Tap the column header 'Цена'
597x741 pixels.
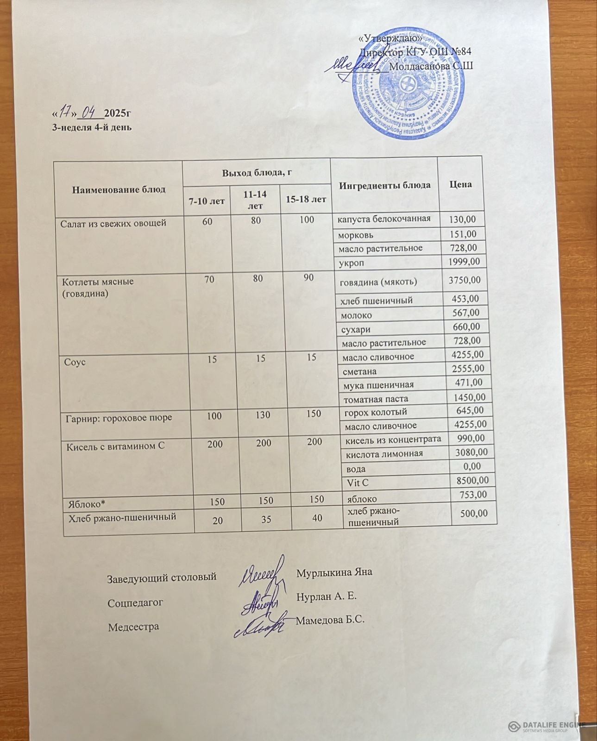(460, 184)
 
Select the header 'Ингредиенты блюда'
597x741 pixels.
(384, 185)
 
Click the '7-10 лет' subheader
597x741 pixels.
(207, 201)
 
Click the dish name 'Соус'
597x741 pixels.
(75, 362)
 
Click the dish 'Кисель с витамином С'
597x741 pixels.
(116, 447)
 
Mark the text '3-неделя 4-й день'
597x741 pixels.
(91, 127)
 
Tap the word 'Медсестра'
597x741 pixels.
(133, 627)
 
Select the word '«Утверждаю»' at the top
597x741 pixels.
(390, 38)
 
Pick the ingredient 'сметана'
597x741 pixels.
(359, 371)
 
